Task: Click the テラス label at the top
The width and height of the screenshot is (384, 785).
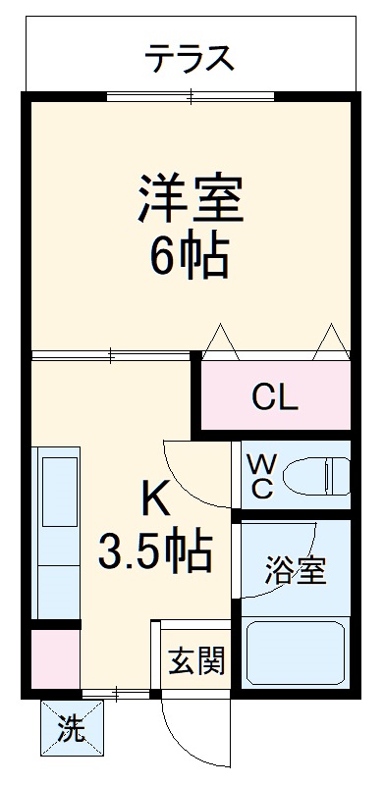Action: (x=191, y=60)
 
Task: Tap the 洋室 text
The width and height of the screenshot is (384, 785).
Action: (x=191, y=198)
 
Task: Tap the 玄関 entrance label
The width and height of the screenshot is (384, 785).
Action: (x=195, y=660)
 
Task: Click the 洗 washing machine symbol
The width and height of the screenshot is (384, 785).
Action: (x=70, y=729)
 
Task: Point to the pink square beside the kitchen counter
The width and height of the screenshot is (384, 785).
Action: (x=54, y=658)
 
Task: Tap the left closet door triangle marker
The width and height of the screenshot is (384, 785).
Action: (x=221, y=340)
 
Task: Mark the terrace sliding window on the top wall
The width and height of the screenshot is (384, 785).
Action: (x=191, y=95)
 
